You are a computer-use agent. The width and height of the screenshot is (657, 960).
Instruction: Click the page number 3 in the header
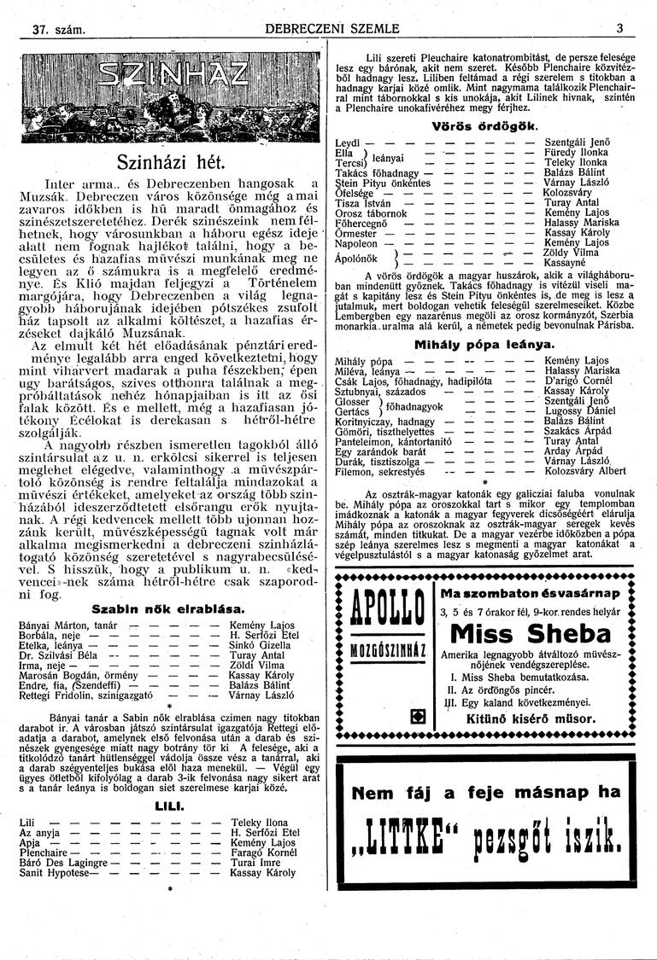(619, 28)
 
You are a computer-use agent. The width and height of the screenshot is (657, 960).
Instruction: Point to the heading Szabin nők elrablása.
(167, 609)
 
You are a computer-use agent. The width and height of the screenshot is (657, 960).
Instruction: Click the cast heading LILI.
(166, 804)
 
